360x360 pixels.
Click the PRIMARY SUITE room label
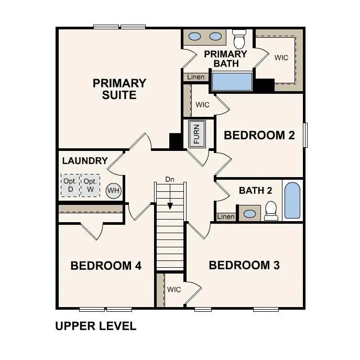click(119, 89)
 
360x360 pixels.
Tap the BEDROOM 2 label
click(259, 135)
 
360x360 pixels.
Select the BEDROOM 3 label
click(244, 265)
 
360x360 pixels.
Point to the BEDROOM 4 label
click(106, 266)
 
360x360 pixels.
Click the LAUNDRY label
click(85, 161)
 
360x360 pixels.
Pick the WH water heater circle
click(113, 190)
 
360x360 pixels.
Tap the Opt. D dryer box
click(70, 185)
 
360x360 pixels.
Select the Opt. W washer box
click(90, 185)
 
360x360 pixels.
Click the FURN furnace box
click(197, 134)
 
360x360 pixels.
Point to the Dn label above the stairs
click(169, 179)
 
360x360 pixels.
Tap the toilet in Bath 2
click(271, 210)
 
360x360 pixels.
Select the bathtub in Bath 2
click(292, 201)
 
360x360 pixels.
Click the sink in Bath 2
click(250, 214)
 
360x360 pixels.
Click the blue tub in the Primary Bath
click(232, 82)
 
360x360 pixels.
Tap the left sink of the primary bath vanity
click(194, 37)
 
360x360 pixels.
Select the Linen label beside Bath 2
click(226, 216)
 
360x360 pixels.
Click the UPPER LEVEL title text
click(96, 326)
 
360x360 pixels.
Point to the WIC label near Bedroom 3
click(174, 289)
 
